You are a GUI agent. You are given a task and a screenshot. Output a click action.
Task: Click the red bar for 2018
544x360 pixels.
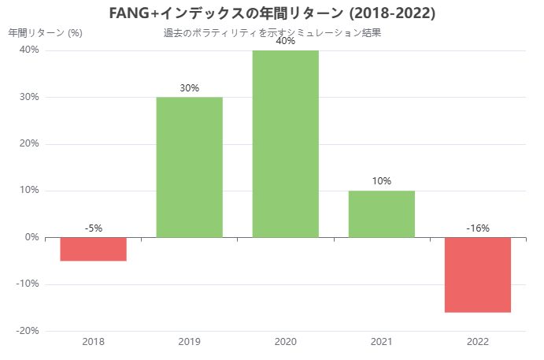(93, 249)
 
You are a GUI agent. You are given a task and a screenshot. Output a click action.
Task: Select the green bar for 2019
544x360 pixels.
(189, 167)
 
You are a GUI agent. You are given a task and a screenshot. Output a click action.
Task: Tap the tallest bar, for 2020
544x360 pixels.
(285, 143)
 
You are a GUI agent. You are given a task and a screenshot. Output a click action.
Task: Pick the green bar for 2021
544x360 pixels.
(381, 213)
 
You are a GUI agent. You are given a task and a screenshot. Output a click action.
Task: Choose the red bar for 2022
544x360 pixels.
(477, 274)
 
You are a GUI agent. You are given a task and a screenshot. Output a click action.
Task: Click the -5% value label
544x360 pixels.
(93, 228)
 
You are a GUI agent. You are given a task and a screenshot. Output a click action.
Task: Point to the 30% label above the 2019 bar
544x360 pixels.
(189, 88)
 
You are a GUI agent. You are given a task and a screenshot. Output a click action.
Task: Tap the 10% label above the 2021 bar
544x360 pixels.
(381, 181)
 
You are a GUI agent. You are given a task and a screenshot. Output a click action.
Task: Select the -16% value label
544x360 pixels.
(477, 228)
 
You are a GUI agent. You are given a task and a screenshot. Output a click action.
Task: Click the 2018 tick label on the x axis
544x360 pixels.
(93, 341)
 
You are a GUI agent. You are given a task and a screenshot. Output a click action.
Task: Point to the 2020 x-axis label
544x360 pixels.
(285, 341)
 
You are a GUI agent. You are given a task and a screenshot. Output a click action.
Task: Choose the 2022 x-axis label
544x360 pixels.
(477, 341)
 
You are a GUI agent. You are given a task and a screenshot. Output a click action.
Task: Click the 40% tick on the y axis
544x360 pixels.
(29, 50)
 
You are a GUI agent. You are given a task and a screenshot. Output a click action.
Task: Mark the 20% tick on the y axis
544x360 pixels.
(29, 144)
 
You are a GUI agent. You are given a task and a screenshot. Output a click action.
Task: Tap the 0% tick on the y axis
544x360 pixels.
(31, 237)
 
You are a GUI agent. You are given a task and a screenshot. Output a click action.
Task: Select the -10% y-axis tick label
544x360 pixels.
(27, 284)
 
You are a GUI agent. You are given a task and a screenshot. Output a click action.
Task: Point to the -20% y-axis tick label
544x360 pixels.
(27, 331)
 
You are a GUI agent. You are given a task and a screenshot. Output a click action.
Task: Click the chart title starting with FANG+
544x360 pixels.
(272, 13)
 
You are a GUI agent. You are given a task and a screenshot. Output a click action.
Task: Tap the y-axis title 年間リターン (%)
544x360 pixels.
(45, 33)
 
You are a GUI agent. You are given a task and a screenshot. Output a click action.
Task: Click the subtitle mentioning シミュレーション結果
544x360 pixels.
(272, 33)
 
